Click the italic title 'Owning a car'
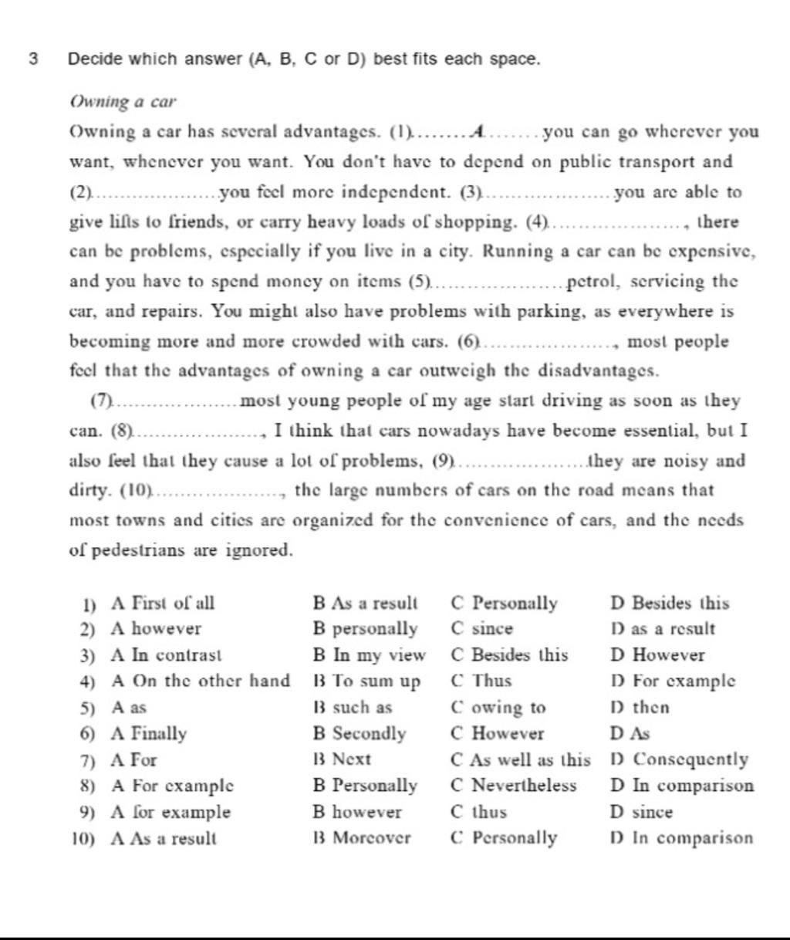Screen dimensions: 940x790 pos(123,102)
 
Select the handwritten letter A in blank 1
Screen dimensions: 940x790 pos(481,132)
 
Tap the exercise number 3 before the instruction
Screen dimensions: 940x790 pos(32,59)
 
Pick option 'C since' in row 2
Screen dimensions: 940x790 pos(482,629)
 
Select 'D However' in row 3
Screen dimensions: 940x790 pos(657,655)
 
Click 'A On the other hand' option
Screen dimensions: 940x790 pos(201,681)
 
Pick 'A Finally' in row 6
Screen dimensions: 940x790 pos(149,733)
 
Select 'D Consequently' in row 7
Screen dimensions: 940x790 pos(679,759)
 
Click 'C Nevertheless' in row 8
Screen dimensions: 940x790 pos(514,786)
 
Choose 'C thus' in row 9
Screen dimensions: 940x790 pos(479,812)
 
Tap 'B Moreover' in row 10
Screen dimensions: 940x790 pos(362,837)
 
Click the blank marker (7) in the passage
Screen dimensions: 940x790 pos(101,401)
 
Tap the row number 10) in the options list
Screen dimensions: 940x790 pos(85,838)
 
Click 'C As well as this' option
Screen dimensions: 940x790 pos(521,759)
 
